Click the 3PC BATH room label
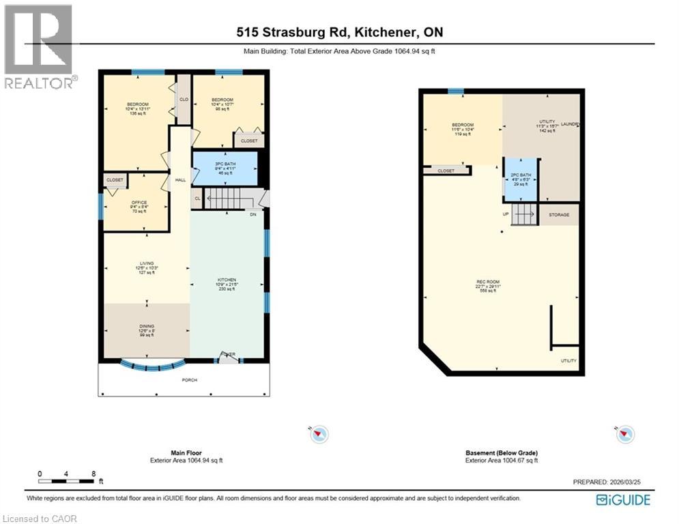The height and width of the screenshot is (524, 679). pyautogui.click(x=225, y=164)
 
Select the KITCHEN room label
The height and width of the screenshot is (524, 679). pyautogui.click(x=227, y=280)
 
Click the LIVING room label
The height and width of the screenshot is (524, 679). pyautogui.click(x=146, y=263)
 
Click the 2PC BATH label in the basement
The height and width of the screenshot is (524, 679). pyautogui.click(x=521, y=176)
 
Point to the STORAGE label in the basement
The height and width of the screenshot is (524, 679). pyautogui.click(x=559, y=214)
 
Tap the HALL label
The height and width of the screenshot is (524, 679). pyautogui.click(x=180, y=180)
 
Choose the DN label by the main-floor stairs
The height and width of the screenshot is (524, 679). pyautogui.click(x=252, y=215)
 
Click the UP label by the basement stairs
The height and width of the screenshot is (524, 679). pyautogui.click(x=506, y=214)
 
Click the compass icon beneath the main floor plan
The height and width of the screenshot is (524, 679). pyautogui.click(x=319, y=434)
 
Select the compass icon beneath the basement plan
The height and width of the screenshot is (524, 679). pyautogui.click(x=625, y=434)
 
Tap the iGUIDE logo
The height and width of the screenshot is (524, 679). pyautogui.click(x=622, y=500)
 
